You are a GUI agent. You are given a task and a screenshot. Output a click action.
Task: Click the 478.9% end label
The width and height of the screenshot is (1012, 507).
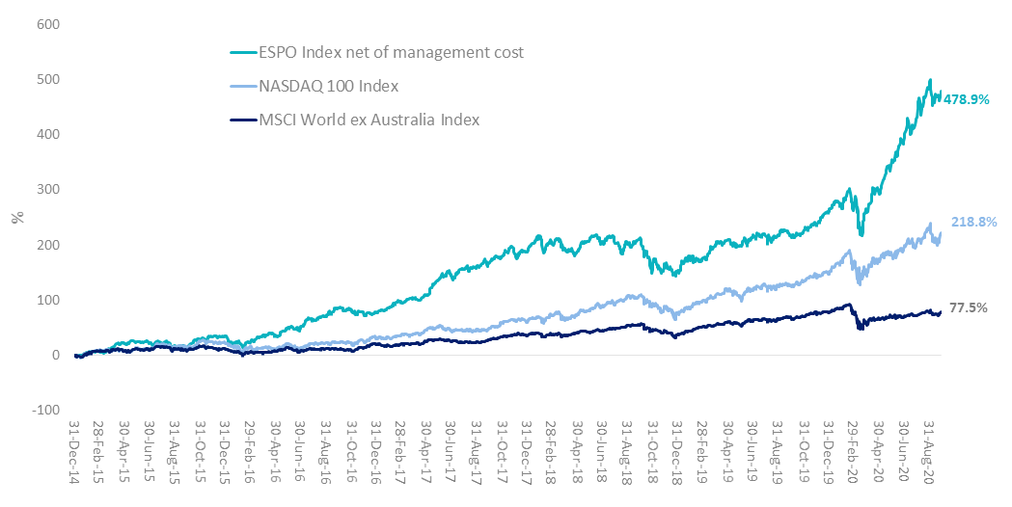click(x=970, y=98)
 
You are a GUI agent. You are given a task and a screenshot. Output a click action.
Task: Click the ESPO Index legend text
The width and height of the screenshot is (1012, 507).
click(x=391, y=52)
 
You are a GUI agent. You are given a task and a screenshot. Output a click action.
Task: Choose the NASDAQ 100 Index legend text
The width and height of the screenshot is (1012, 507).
click(x=328, y=86)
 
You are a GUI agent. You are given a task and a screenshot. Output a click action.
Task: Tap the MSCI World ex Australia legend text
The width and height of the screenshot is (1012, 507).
click(x=369, y=120)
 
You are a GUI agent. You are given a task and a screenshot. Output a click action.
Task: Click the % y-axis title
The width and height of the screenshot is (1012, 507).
click(x=16, y=218)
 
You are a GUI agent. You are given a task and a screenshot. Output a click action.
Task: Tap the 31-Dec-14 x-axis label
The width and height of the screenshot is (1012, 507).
click(x=76, y=455)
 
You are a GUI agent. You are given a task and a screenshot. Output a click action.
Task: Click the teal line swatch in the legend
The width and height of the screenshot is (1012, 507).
click(x=240, y=53)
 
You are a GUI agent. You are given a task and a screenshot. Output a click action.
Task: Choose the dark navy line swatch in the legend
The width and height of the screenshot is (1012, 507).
click(x=240, y=120)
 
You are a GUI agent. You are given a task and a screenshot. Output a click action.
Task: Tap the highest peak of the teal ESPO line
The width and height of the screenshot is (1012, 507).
click(x=929, y=80)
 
